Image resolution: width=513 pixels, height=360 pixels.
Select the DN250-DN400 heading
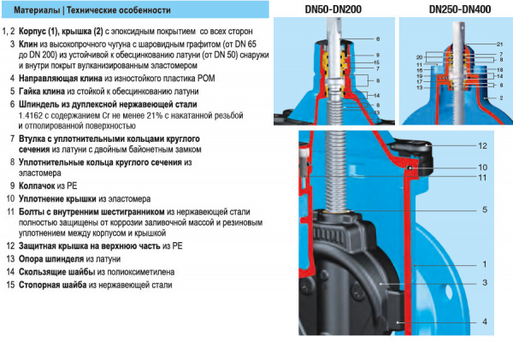[463, 9]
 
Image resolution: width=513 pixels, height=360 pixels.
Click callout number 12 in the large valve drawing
[482, 146]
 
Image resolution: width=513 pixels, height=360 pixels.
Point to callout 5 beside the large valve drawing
[484, 209]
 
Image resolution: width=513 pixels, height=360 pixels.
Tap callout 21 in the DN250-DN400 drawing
[499, 44]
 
